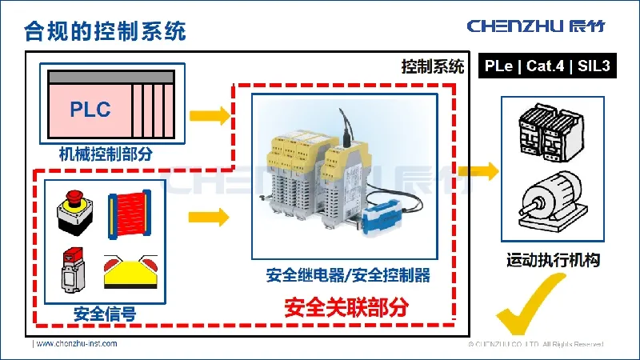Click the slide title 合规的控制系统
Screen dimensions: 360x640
pyautogui.click(x=106, y=31)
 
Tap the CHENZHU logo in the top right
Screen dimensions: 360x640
pyautogui.click(x=535, y=26)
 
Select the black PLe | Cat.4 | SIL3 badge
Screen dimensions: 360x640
pyautogui.click(x=548, y=66)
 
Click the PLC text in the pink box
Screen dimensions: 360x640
pyautogui.click(x=90, y=110)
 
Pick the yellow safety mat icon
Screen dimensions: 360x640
pyautogui.click(x=131, y=272)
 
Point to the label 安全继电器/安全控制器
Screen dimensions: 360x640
pyautogui.click(x=348, y=276)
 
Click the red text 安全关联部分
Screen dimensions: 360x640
pyautogui.click(x=346, y=306)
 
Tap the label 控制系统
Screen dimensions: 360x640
pyautogui.click(x=432, y=67)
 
